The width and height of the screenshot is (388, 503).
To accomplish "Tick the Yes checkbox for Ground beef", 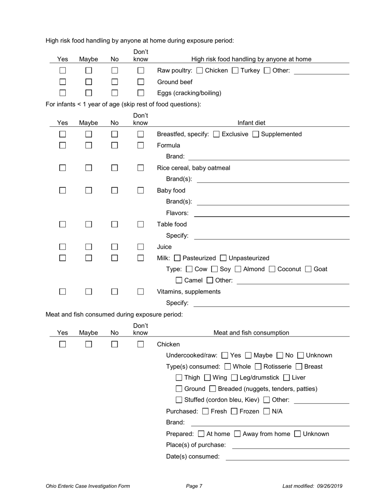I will click(62, 82).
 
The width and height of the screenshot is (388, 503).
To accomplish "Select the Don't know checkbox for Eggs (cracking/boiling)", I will click(140, 93).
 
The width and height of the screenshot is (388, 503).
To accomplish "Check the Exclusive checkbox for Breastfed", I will click(216, 134).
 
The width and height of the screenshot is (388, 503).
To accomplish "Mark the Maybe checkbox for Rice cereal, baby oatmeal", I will click(89, 168).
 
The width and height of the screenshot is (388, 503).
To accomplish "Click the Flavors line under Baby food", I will click(272, 213).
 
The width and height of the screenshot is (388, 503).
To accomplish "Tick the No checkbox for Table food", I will click(115, 224).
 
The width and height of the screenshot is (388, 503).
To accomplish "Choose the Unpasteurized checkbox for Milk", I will click(223, 258).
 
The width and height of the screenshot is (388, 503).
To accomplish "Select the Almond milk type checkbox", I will click(239, 269).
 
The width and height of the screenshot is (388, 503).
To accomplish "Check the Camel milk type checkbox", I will click(179, 281).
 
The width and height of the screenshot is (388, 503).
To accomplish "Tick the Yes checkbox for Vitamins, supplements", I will click(62, 292).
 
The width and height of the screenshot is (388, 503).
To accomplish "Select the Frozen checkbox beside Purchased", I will click(234, 411).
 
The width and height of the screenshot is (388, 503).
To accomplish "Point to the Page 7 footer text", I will click(194, 486).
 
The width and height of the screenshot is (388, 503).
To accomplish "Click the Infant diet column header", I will click(251, 123).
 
